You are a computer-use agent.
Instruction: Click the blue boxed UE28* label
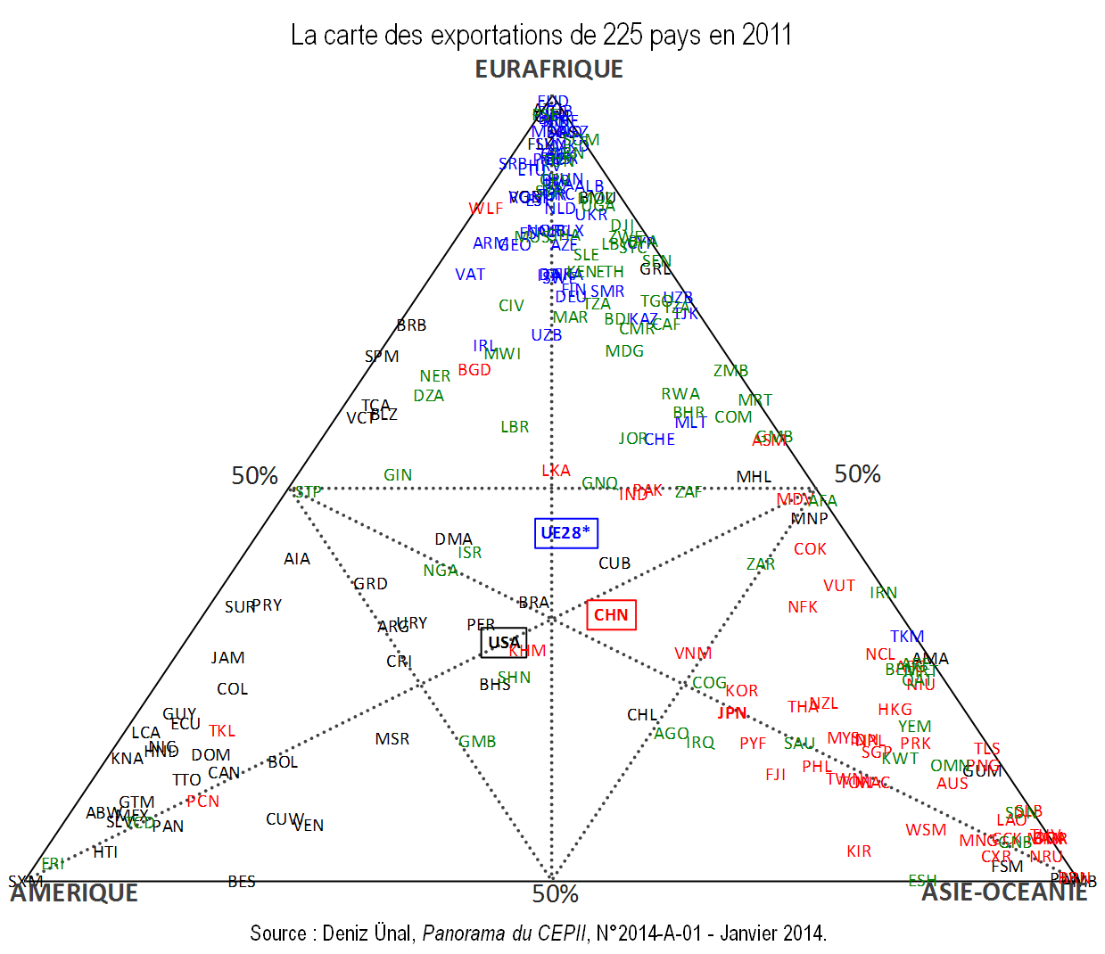[x=565, y=533]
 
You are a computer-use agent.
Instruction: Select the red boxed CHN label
[x=611, y=615]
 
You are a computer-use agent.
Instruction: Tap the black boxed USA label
[x=504, y=642]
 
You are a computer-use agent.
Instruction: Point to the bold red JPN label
[x=732, y=713]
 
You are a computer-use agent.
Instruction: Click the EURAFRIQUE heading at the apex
[x=548, y=70]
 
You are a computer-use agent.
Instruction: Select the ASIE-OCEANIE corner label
[x=1004, y=892]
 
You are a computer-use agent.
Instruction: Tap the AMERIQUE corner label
[x=74, y=893]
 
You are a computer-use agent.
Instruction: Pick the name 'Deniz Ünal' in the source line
[x=367, y=933]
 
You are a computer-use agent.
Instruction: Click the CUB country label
[x=614, y=563]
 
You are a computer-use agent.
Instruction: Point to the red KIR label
[x=859, y=851]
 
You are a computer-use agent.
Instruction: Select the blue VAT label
[x=470, y=275]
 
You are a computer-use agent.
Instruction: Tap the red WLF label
[x=486, y=209]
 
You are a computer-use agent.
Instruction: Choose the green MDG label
[x=624, y=351]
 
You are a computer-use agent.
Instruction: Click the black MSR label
[x=392, y=739]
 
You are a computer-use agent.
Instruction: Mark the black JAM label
[x=227, y=658]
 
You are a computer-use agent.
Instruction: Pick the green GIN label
[x=398, y=475]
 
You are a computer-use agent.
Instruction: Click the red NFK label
[x=803, y=607]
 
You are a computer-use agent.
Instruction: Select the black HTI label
[x=105, y=852]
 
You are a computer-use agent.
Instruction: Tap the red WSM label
[x=926, y=830]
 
